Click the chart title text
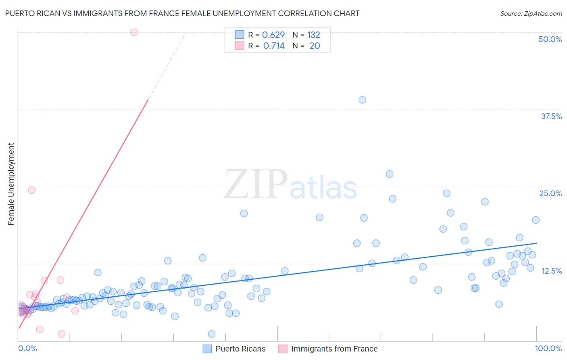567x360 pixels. click(x=182, y=13)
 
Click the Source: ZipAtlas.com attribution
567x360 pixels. click(x=531, y=13)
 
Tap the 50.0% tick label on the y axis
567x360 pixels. click(x=550, y=39)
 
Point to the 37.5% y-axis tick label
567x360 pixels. click(x=551, y=116)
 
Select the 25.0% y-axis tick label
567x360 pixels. click(x=550, y=193)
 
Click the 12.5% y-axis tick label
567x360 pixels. click(x=551, y=271)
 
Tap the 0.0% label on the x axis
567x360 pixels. click(x=27, y=348)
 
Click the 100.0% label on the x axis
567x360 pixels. click(x=548, y=348)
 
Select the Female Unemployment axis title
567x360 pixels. click(x=11, y=184)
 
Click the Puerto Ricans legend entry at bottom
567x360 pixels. click(x=240, y=349)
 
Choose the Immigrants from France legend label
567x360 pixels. click(x=334, y=349)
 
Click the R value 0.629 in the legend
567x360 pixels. click(x=273, y=35)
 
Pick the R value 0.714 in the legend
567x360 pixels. click(x=274, y=46)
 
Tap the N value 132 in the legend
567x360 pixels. click(x=314, y=35)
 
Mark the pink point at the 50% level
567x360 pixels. click(x=134, y=32)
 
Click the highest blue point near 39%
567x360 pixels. click(x=362, y=100)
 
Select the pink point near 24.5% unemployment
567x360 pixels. click(x=31, y=190)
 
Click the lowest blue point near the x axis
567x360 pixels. click(x=212, y=334)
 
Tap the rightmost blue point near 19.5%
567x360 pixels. click(x=536, y=220)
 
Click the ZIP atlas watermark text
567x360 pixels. click(x=290, y=184)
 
